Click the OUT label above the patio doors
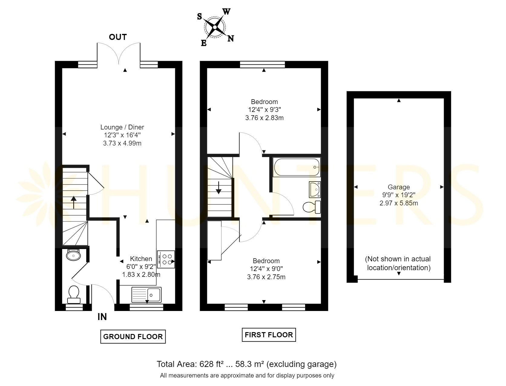(118, 37)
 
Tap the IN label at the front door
(102, 317)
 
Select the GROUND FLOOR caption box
(133, 337)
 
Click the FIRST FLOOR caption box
(269, 335)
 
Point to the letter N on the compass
(231, 38)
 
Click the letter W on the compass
(226, 11)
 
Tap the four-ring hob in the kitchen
(166, 259)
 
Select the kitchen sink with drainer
(146, 295)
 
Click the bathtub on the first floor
(297, 167)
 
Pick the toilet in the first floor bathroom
(312, 207)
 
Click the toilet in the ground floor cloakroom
(74, 295)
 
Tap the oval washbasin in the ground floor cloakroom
(73, 255)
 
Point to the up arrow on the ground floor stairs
(74, 202)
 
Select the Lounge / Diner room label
(122, 127)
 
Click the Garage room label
(399, 187)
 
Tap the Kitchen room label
(141, 259)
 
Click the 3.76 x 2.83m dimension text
(264, 118)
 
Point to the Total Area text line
(247, 364)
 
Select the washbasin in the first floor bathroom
(315, 190)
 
